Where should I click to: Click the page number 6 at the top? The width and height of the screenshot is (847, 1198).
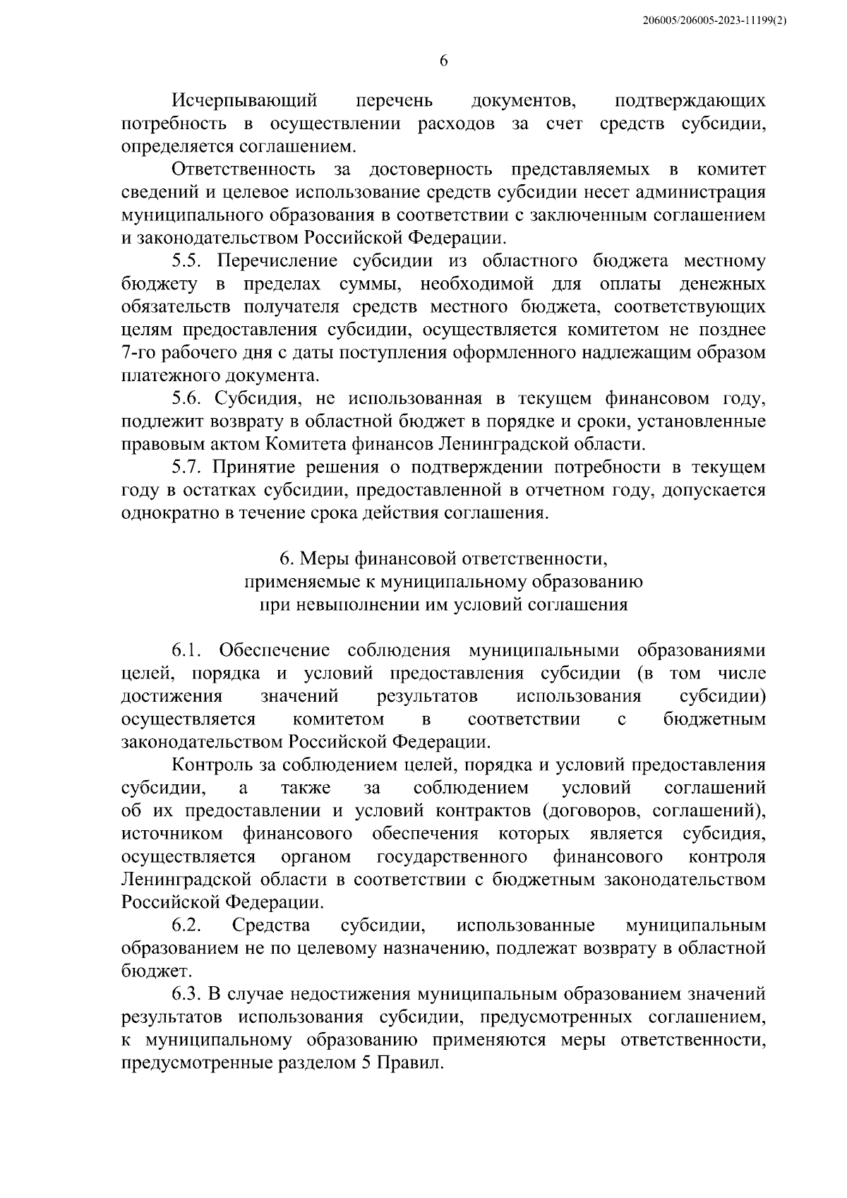pyautogui.click(x=443, y=61)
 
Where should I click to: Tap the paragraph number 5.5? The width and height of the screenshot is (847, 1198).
pyautogui.click(x=188, y=261)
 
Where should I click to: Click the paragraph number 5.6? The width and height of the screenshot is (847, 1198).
pyautogui.click(x=188, y=399)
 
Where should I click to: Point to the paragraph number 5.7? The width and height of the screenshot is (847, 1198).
pyautogui.click(x=188, y=467)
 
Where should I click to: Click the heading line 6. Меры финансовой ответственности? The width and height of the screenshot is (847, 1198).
pyautogui.click(x=443, y=559)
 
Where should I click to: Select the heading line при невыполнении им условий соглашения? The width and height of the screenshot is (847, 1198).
pyautogui.click(x=443, y=605)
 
